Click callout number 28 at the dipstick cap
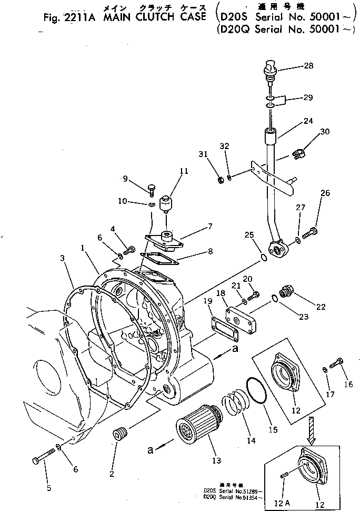point(308,66)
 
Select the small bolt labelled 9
point(152,187)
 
